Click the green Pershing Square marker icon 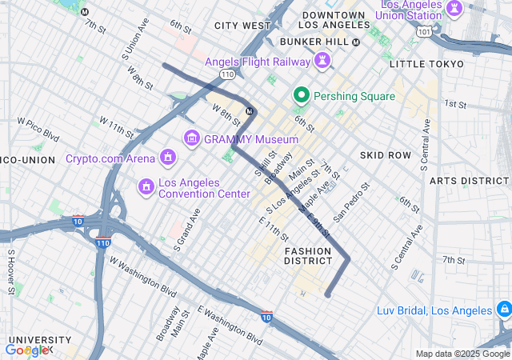(302, 96)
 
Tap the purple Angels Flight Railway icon (322, 62)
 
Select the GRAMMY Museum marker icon (191, 139)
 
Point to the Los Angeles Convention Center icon (146, 187)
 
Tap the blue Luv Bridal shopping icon (503, 310)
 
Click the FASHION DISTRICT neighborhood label (308, 255)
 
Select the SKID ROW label (385, 154)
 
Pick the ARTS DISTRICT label (470, 181)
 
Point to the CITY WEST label (242, 26)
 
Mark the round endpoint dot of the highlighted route (327, 294)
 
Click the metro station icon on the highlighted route (250, 110)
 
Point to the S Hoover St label (11, 272)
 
